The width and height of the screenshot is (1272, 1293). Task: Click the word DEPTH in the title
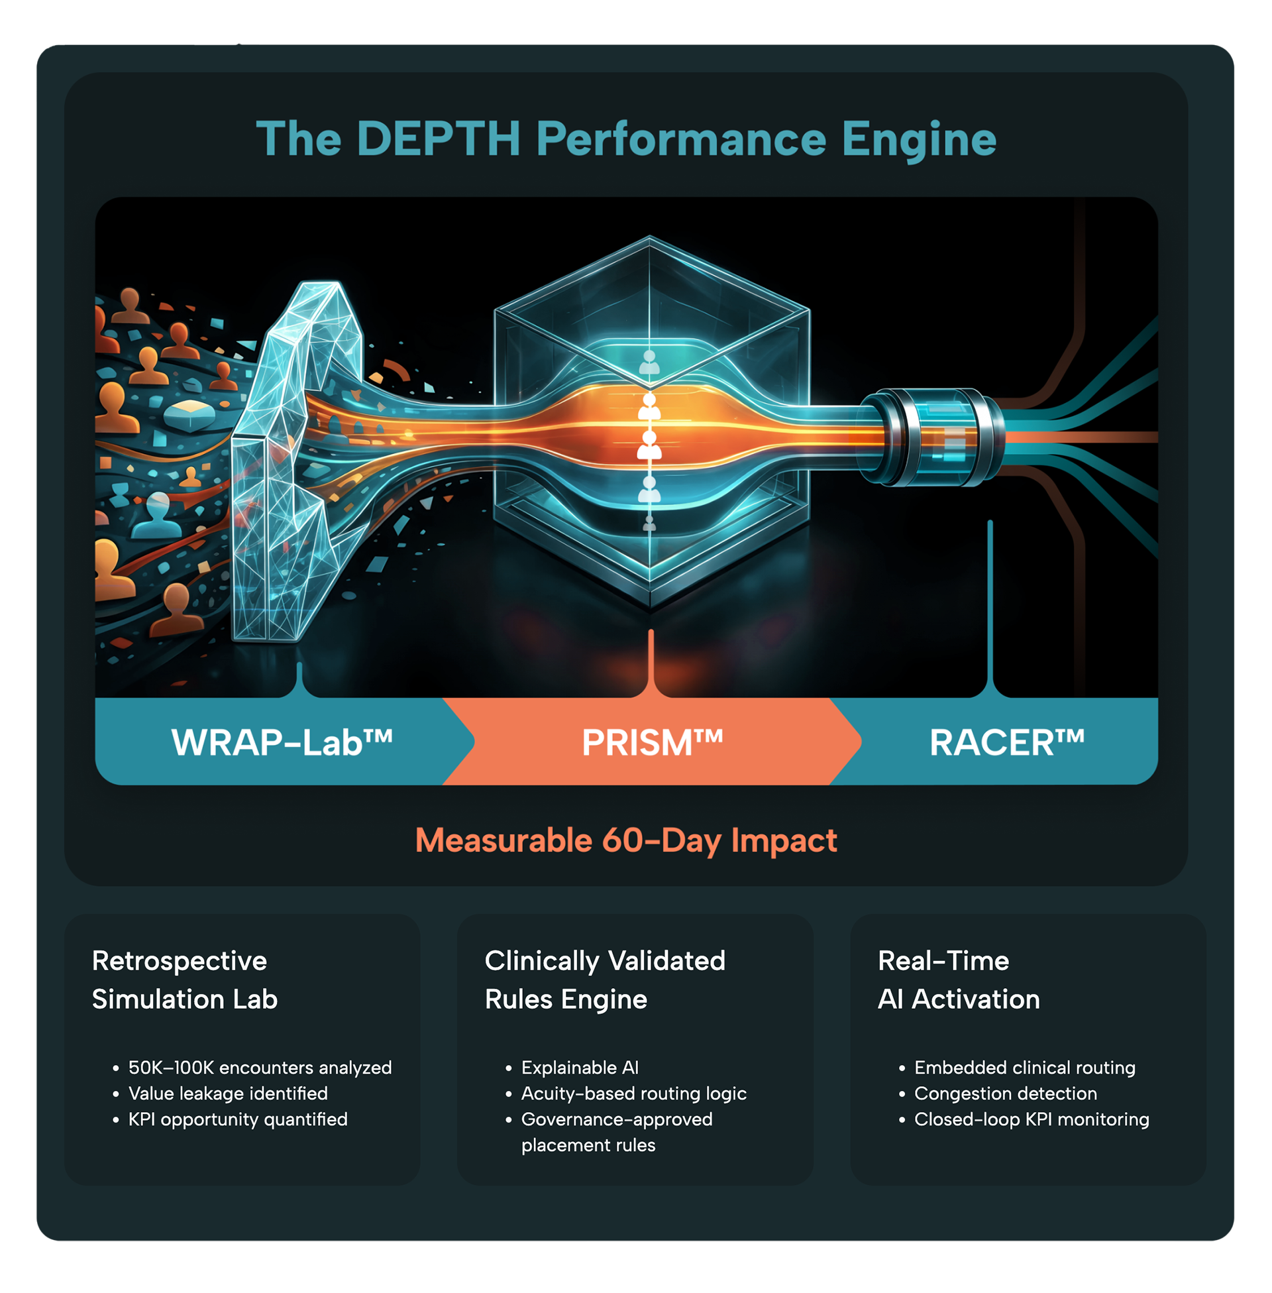439,139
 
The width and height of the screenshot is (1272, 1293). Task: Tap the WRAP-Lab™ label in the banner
282,742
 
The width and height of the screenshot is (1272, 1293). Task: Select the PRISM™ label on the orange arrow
652,742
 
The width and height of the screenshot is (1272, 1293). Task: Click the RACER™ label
1007,742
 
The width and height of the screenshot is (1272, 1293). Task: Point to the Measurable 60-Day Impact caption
626,840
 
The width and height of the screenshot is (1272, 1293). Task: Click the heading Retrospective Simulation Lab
184,980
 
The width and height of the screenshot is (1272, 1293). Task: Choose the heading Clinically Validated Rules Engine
605,980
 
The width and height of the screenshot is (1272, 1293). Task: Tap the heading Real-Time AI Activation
959,980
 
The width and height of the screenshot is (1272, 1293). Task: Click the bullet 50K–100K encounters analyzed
260,1068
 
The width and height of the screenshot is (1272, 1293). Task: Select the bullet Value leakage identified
228,1094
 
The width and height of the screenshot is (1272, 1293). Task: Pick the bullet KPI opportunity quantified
238,1120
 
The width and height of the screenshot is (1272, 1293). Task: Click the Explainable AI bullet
580,1068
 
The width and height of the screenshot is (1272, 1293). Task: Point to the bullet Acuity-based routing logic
633,1094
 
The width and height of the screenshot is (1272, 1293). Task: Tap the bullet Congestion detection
1006,1094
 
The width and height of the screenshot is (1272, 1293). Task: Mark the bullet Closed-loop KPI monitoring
1032,1120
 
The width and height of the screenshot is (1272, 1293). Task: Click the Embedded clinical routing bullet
1025,1068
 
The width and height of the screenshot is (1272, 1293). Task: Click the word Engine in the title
919,139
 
